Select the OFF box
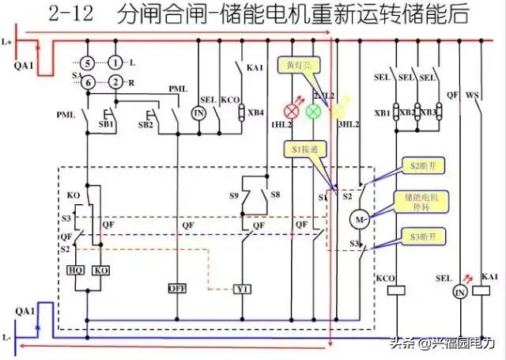click(x=176, y=288)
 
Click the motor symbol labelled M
click(x=359, y=219)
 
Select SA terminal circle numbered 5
click(x=90, y=62)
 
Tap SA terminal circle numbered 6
click(x=90, y=81)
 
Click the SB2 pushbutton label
click(x=145, y=125)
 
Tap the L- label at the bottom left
click(x=7, y=337)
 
